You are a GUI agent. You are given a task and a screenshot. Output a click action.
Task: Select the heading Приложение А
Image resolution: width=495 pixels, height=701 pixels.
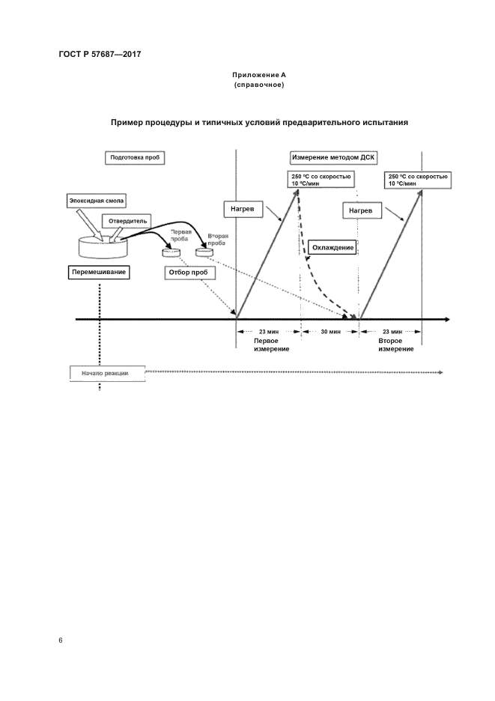pos(258,76)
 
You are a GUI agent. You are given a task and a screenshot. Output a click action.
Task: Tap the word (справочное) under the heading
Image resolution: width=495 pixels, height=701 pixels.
pos(258,85)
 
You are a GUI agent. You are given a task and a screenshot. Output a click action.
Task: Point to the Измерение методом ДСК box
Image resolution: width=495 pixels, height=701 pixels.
pos(333,158)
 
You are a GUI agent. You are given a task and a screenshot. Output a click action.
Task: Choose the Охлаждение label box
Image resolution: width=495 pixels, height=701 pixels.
pos(330,247)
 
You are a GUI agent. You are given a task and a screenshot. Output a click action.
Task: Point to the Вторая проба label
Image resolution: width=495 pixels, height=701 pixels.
pos(218,240)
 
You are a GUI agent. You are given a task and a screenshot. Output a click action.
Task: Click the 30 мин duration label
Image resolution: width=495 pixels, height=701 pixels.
pos(330,330)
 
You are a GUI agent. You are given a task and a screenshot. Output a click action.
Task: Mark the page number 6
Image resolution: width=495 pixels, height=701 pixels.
pos(61,640)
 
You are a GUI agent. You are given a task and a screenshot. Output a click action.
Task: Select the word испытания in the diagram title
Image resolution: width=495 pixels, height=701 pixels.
pos(381,122)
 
